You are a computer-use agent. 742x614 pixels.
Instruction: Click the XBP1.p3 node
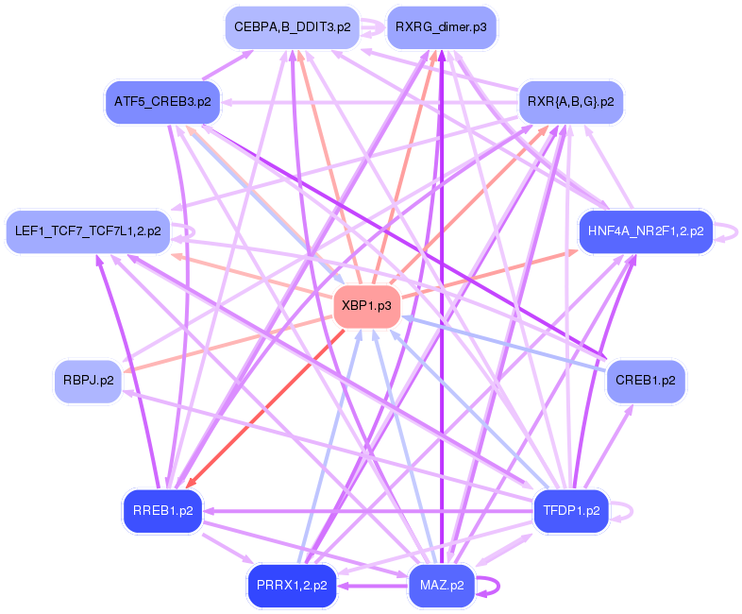367,306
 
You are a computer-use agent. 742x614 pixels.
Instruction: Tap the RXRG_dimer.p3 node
441,27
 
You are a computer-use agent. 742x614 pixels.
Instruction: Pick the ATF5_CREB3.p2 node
162,100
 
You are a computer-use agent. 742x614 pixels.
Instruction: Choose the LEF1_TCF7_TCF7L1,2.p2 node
88,230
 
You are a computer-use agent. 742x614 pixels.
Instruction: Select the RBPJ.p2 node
89,381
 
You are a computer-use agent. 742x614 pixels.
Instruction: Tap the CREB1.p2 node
646,381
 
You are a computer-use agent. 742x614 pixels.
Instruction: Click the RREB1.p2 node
162,511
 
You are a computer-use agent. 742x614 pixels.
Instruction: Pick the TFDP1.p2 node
571,511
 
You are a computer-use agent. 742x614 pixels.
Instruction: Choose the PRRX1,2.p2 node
291,585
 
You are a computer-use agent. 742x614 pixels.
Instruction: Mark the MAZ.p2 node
441,585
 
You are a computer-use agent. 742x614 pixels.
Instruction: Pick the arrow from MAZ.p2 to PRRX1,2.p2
373,586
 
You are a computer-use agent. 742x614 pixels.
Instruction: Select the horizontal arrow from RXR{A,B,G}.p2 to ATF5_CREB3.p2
368,101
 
